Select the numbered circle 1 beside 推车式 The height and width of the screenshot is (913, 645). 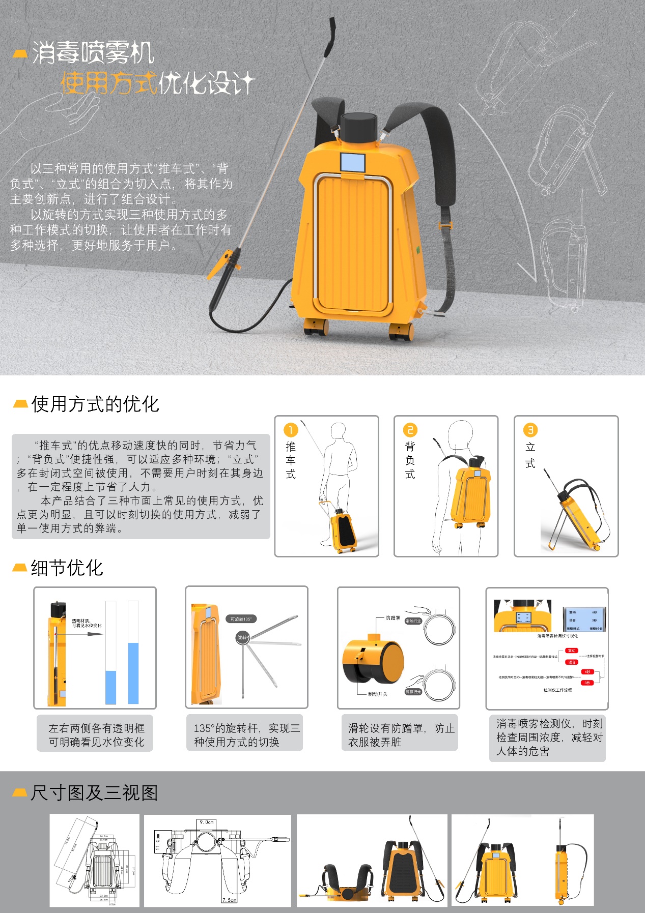[x=290, y=430]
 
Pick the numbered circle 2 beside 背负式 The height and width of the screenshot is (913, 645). [x=410, y=430]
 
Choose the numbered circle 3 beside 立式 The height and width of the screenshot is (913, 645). [x=530, y=430]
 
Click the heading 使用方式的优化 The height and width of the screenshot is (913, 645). [x=95, y=404]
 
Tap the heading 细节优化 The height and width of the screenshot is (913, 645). [x=67, y=568]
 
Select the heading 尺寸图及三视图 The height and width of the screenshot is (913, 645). [x=94, y=793]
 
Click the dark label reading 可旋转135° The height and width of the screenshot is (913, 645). [x=241, y=619]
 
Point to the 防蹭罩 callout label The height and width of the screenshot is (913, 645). [x=392, y=618]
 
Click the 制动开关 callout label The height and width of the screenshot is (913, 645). [x=378, y=694]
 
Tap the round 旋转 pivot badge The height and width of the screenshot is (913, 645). [x=242, y=637]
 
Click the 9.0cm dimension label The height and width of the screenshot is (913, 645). [x=207, y=822]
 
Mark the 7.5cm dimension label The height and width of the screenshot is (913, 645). [x=229, y=900]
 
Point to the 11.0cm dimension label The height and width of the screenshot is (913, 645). [x=158, y=842]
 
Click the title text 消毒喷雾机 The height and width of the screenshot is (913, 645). [x=93, y=53]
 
